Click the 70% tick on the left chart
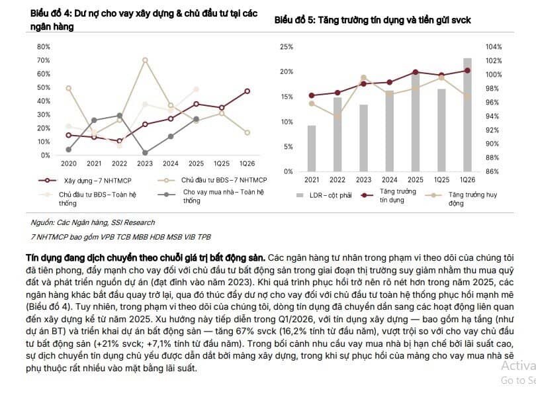click(x=44, y=60)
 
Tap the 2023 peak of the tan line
click(x=145, y=60)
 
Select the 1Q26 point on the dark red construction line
click(x=247, y=91)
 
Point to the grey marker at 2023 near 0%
click(x=145, y=153)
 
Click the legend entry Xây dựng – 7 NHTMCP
click(x=85, y=181)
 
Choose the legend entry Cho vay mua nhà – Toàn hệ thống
click(x=211, y=196)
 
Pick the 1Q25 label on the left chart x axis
click(x=222, y=163)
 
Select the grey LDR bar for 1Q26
click(x=467, y=115)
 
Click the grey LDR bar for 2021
click(x=312, y=148)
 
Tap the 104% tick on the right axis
click(x=494, y=47)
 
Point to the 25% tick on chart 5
click(x=287, y=47)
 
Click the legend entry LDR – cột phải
click(x=324, y=195)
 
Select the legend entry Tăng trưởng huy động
click(x=461, y=199)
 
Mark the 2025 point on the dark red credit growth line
click(x=416, y=72)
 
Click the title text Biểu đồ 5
click(x=294, y=20)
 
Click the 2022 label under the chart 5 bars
click(x=337, y=180)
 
